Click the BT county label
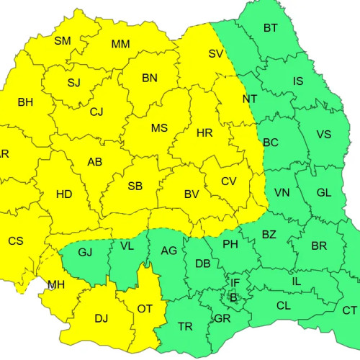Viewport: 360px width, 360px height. click(x=271, y=28)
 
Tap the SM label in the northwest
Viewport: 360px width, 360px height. click(x=63, y=41)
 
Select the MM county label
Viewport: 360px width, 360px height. click(x=121, y=45)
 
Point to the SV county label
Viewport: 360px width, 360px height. click(x=216, y=53)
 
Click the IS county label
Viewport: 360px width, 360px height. click(x=298, y=81)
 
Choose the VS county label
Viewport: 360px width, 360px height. click(x=324, y=135)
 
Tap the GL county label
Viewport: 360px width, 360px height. click(x=324, y=193)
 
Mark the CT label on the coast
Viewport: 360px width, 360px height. click(x=350, y=310)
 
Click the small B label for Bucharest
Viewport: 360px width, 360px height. click(x=233, y=297)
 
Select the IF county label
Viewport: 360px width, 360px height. click(x=235, y=282)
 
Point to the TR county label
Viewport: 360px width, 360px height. click(x=185, y=327)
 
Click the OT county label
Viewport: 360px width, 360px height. click(x=145, y=309)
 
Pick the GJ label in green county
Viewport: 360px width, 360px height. click(x=86, y=252)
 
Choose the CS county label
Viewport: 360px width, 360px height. click(x=16, y=241)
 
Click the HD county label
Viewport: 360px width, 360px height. click(x=64, y=194)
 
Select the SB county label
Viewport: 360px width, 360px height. click(x=135, y=186)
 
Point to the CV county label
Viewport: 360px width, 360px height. click(x=229, y=181)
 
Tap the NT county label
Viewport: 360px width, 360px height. click(x=250, y=99)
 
